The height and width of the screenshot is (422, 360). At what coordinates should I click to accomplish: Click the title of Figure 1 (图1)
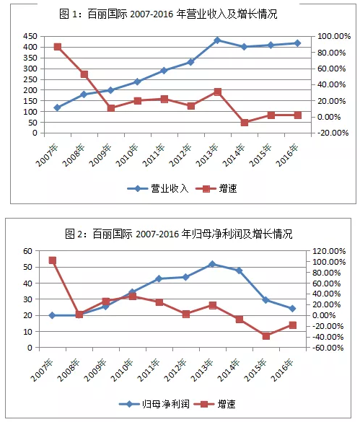coord(168,14)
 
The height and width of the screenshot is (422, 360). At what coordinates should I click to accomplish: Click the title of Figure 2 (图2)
coord(178,234)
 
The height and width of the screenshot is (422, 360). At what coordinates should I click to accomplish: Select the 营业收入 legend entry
coord(158,188)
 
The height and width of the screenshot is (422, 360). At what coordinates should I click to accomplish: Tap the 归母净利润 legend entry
coord(154,404)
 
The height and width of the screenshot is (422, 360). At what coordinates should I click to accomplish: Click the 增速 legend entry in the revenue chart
coord(216,188)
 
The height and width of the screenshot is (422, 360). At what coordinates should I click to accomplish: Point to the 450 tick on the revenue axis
coord(30,36)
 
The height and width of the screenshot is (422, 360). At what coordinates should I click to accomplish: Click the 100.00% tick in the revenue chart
coord(334,36)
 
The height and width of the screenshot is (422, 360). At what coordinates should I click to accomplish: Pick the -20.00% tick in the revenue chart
coord(333,133)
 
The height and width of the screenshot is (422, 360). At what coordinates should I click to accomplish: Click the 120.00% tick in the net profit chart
coord(329,251)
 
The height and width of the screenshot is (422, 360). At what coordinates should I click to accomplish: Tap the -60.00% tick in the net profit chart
coord(328,348)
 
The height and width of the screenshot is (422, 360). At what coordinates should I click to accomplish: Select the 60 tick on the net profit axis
coord(27,251)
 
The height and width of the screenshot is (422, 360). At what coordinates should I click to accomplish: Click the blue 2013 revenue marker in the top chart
coord(218,40)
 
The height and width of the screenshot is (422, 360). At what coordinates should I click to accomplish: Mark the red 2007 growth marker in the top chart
coord(57,47)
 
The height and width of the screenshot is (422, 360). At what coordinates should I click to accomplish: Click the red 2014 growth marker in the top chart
coord(245,123)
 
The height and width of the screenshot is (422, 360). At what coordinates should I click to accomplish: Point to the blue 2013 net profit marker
coord(212,264)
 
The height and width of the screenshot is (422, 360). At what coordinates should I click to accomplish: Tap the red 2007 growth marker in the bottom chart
coord(52,260)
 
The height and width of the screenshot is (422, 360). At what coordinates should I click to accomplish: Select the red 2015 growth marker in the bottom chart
coord(266,336)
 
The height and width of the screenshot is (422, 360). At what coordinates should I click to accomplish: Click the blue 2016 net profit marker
coord(293,309)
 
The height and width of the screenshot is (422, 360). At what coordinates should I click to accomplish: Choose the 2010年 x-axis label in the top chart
coord(127,155)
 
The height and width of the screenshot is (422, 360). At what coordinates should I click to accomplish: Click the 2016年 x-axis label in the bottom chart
coord(282,370)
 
